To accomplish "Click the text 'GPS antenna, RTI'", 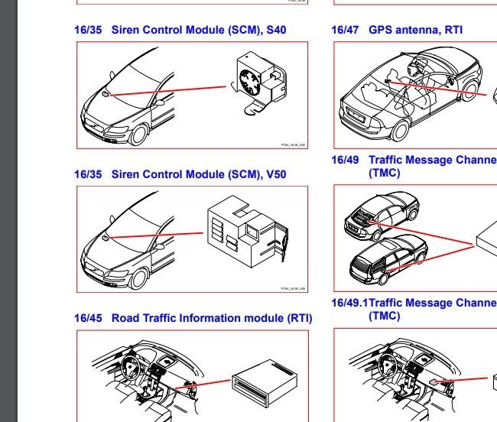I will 415,31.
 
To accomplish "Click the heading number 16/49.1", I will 349,303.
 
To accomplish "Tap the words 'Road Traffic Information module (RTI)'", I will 212,318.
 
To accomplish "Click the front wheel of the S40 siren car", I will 138,134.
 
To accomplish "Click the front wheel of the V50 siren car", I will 138,278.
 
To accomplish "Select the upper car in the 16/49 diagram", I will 382,213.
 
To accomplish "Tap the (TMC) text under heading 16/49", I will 385,173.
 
